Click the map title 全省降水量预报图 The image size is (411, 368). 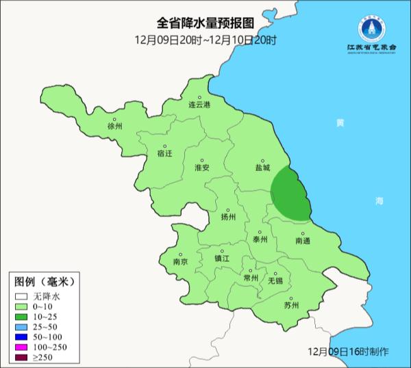206,25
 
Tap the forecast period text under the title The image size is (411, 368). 206,40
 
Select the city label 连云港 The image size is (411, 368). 199,105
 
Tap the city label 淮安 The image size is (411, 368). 202,167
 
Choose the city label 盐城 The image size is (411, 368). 262,167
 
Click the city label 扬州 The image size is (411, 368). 228,217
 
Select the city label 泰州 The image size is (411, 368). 260,239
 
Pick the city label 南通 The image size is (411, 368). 303,241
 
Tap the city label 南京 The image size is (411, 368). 180,261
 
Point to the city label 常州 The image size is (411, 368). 251,278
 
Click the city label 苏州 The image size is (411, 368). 291,305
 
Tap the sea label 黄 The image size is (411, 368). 340,122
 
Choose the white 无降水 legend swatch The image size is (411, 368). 22,296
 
